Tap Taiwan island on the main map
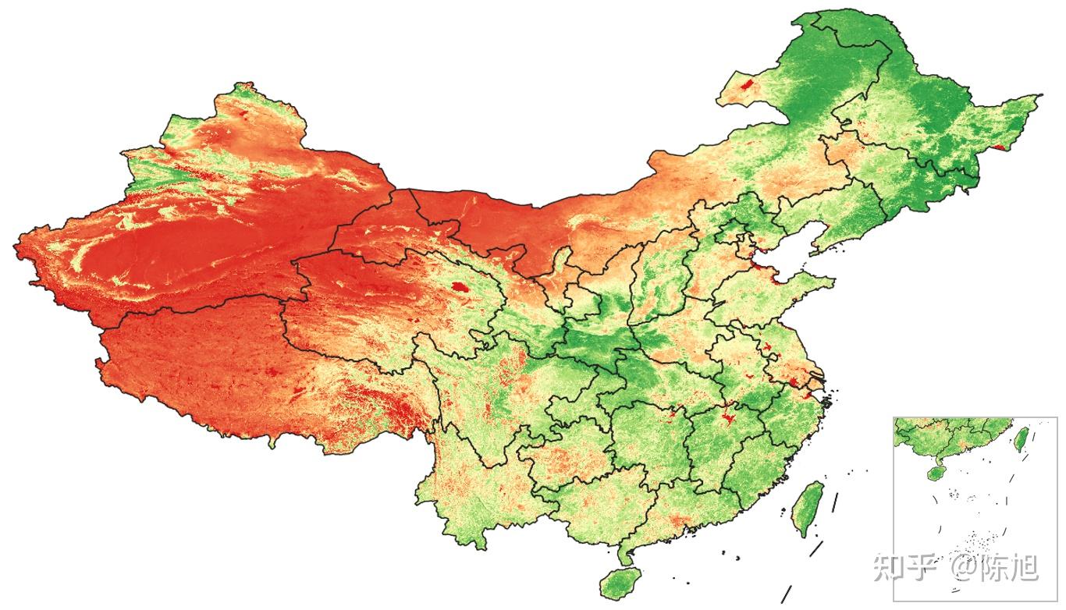pos(808,508)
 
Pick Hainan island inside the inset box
pos(934,473)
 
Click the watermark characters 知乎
pos(904,567)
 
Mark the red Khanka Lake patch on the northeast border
pos(1000,146)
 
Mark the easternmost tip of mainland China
pos(1038,97)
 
